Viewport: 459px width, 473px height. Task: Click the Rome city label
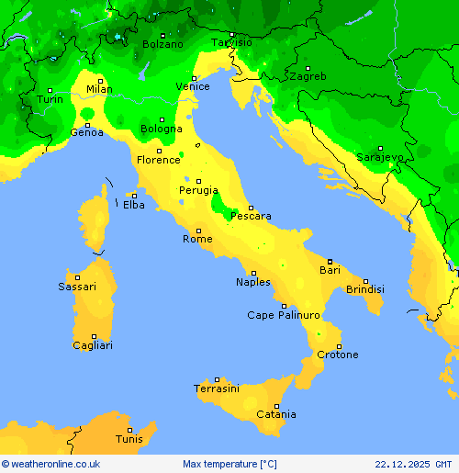(197, 239)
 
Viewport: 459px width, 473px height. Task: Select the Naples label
(253, 282)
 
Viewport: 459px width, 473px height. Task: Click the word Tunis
(129, 439)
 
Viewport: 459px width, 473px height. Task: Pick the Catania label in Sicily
(275, 414)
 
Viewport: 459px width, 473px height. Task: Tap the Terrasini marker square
(218, 379)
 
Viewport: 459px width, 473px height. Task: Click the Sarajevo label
(380, 157)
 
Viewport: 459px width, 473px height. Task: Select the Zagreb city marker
(308, 68)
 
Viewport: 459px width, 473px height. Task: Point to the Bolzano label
(162, 44)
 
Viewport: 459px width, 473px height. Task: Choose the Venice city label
(193, 87)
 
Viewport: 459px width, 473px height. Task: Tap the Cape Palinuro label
(284, 315)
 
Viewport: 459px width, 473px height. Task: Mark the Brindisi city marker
(365, 281)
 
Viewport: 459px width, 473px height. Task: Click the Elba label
(134, 205)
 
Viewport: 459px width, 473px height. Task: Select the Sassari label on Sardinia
(77, 287)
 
